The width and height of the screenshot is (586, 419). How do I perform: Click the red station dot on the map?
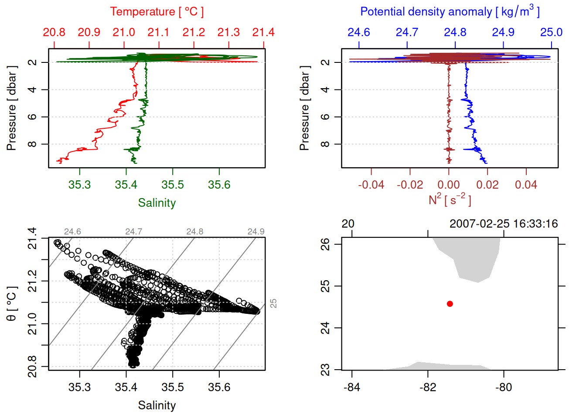tap(450, 304)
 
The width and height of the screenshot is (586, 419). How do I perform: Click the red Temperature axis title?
tap(157, 12)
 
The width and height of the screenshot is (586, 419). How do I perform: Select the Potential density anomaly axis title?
tap(450, 12)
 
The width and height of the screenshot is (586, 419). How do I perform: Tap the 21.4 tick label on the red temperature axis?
tap(263, 32)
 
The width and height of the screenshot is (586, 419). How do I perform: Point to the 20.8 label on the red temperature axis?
tap(54, 32)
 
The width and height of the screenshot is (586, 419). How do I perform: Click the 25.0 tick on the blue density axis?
tap(551, 32)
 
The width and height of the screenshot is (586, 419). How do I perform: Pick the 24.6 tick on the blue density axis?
tap(359, 32)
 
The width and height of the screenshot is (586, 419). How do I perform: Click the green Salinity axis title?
tap(157, 203)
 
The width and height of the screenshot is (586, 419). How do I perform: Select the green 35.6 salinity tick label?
tap(219, 185)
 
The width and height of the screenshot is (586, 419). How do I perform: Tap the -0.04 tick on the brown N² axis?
tap(371, 185)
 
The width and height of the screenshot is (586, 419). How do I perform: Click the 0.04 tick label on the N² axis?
tap(526, 185)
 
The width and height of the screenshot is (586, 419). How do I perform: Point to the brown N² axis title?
tap(450, 200)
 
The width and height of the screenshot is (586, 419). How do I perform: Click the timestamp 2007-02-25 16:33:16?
tap(504, 224)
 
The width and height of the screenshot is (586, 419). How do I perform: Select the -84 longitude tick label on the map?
tap(352, 388)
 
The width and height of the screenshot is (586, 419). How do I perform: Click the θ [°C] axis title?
tap(12, 304)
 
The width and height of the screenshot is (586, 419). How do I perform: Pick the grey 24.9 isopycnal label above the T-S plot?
tap(256, 232)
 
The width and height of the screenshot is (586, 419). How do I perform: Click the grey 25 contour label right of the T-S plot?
tap(273, 303)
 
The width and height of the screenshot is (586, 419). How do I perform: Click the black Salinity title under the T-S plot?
tap(157, 405)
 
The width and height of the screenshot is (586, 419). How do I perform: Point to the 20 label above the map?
tap(348, 224)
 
